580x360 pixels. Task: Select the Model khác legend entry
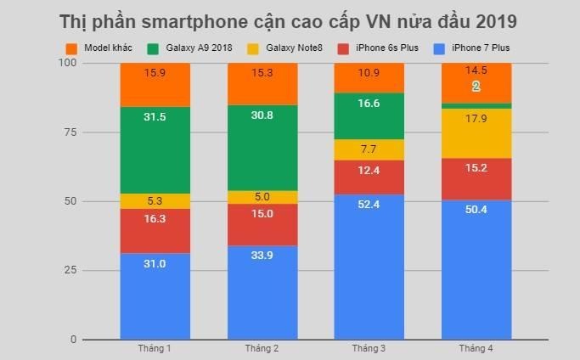(99, 48)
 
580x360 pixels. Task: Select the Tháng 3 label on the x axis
(369, 349)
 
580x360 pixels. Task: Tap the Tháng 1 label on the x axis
(155, 349)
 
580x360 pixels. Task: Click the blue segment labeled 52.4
(369, 267)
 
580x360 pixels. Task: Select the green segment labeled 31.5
(155, 150)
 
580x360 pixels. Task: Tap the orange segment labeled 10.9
(369, 78)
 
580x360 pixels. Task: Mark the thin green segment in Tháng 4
(476, 106)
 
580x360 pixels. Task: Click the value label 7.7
(369, 149)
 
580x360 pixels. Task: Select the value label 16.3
(155, 218)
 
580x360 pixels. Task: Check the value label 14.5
(476, 70)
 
